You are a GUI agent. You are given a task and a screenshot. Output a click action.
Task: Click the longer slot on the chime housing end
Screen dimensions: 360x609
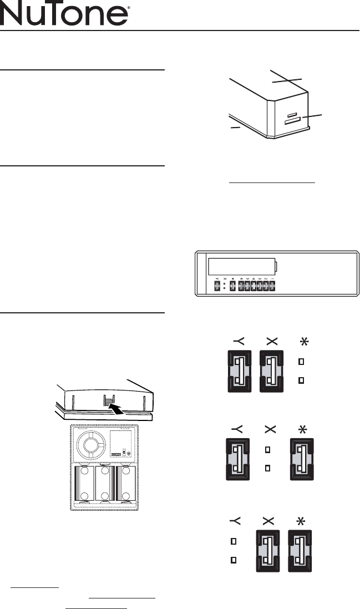point(293,119)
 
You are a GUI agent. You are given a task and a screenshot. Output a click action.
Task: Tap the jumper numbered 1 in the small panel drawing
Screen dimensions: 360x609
point(272,287)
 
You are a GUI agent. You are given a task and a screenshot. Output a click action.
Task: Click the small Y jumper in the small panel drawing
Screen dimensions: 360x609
point(216,287)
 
